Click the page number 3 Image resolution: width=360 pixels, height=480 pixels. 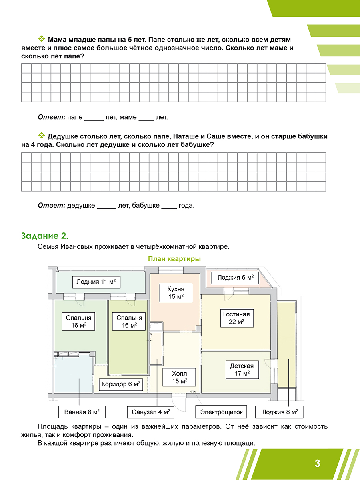point(317,464)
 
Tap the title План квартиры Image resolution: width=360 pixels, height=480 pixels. point(174,259)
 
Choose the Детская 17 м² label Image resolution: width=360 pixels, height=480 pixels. point(242,370)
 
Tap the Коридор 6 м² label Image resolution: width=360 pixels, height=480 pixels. point(121,384)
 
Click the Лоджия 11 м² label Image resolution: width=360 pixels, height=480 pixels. point(96,282)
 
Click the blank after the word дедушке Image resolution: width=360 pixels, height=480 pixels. point(106,207)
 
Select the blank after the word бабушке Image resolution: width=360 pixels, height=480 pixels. point(169,207)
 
